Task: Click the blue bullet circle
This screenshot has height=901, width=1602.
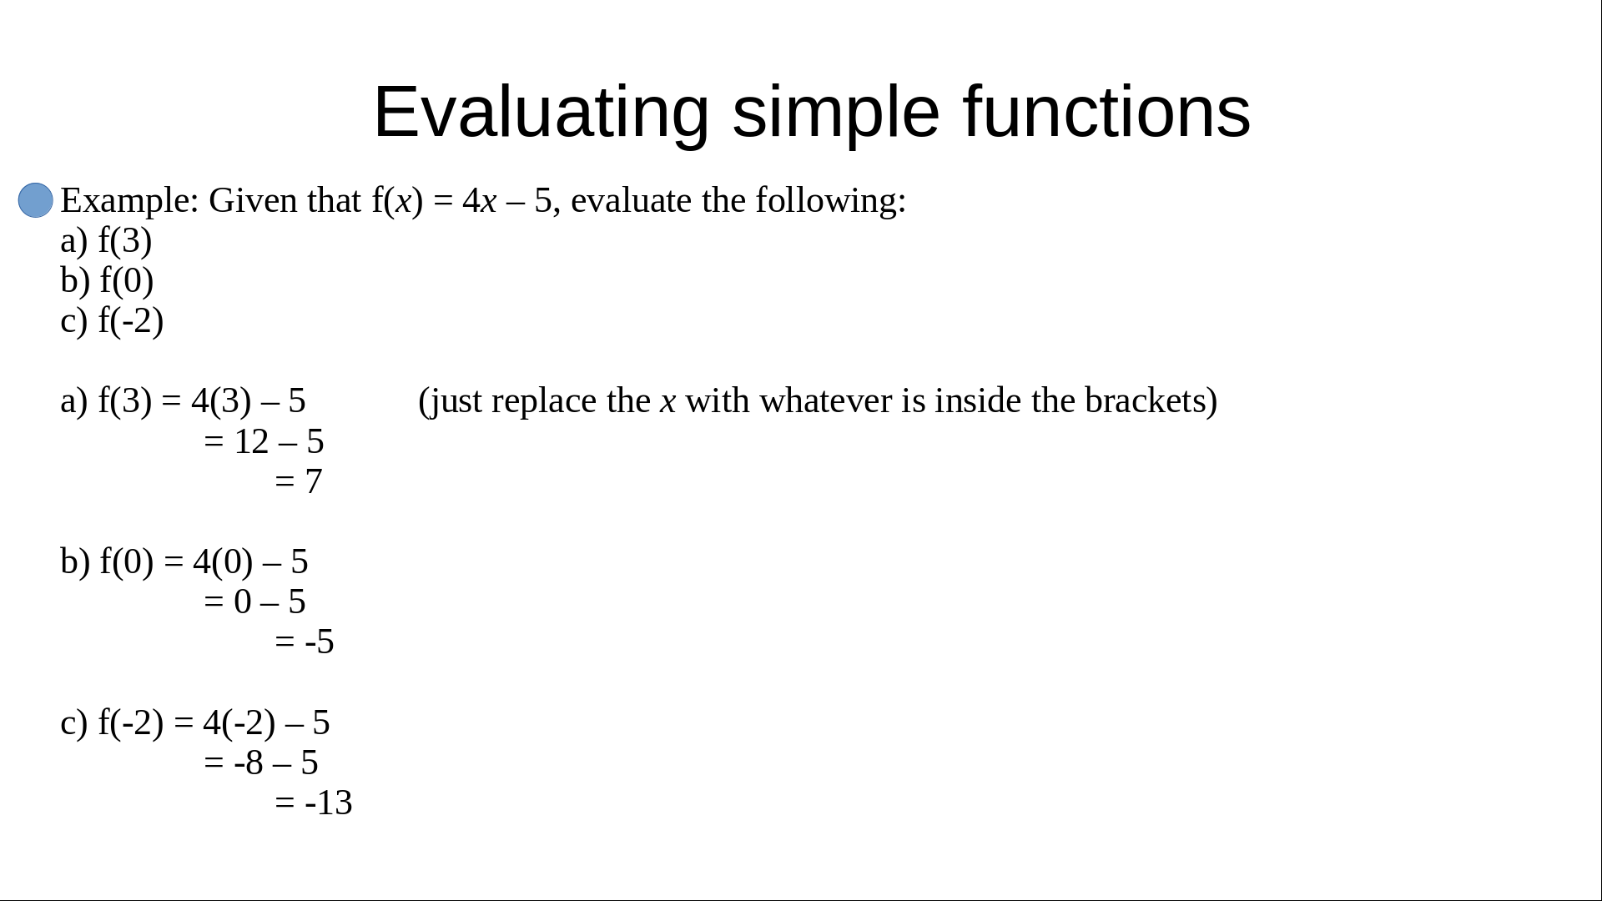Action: coord(36,200)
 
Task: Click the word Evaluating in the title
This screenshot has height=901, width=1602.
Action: coord(542,112)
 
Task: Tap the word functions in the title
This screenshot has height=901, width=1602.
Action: coord(1106,112)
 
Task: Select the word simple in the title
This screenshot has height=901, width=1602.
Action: coord(836,112)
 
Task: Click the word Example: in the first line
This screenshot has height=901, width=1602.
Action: coord(130,201)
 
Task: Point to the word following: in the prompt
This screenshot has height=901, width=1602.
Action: coord(831,201)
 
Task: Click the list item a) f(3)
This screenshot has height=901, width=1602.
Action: coord(106,241)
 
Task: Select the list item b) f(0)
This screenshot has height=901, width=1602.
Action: coord(107,281)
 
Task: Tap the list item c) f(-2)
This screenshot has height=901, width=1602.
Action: coord(112,321)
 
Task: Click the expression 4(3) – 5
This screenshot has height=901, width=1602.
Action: coord(249,401)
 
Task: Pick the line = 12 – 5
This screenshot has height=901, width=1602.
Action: coord(264,441)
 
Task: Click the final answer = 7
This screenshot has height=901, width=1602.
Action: coord(298,481)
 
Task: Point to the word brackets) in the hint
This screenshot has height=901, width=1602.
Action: coord(1151,401)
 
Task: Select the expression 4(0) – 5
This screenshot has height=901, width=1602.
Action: coord(250,562)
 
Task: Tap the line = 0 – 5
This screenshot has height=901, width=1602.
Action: coord(254,602)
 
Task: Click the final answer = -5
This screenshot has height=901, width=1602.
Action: coord(304,642)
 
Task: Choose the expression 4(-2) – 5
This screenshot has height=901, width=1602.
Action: coord(266,723)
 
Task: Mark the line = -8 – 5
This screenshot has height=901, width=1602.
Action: coord(260,763)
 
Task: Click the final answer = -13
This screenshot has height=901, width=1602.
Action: coord(313,803)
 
